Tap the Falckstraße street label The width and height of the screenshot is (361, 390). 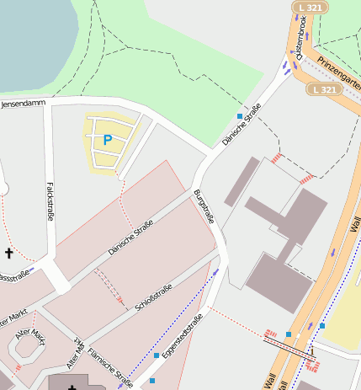pyautogui.click(x=50, y=201)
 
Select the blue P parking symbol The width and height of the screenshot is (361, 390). pyautogui.click(x=107, y=141)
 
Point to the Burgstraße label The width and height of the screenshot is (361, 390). pyautogui.click(x=204, y=208)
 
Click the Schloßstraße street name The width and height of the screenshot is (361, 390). pyautogui.click(x=154, y=298)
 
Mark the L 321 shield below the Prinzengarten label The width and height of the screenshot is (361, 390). pyautogui.click(x=324, y=88)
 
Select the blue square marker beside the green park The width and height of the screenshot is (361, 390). pyautogui.click(x=240, y=115)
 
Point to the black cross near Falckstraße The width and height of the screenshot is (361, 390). pyautogui.click(x=9, y=253)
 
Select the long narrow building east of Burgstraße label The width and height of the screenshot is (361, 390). pyautogui.click(x=242, y=180)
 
